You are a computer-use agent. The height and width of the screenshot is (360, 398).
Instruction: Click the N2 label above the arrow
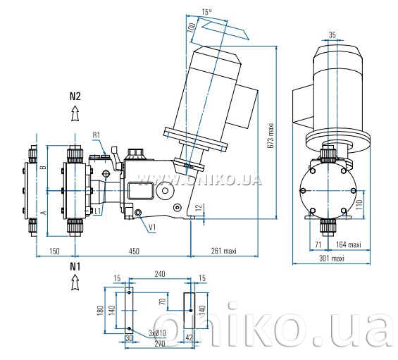click(75, 97)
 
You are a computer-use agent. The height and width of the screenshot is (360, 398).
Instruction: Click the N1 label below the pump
click(75, 267)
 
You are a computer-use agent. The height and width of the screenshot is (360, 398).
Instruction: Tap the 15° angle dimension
click(207, 12)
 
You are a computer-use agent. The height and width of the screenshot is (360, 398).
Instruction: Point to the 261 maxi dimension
click(223, 251)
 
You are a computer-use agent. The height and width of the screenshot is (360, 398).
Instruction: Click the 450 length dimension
click(134, 251)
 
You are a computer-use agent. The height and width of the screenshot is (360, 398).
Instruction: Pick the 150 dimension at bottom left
click(54, 251)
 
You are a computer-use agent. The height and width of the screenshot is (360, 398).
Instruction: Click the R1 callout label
click(97, 135)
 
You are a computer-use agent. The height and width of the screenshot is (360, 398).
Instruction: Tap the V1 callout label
click(152, 228)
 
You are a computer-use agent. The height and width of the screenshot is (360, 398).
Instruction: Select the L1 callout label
click(98, 211)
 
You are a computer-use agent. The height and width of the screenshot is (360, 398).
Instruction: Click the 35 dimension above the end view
click(332, 35)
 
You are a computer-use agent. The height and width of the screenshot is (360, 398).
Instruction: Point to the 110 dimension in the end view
click(359, 204)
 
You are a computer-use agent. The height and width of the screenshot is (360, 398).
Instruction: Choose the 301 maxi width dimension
click(332, 259)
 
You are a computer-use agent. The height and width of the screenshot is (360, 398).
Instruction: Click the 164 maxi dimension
click(348, 244)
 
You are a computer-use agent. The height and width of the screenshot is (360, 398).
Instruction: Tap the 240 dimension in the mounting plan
click(160, 274)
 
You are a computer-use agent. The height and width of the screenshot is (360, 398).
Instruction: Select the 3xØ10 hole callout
click(157, 333)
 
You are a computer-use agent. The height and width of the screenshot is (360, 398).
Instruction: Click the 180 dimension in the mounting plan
click(101, 311)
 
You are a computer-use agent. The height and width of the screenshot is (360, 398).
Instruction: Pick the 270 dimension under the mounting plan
click(160, 344)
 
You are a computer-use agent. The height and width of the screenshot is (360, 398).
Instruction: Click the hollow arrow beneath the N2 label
click(75, 113)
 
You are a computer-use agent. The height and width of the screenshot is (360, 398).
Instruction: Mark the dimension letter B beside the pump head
click(44, 168)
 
